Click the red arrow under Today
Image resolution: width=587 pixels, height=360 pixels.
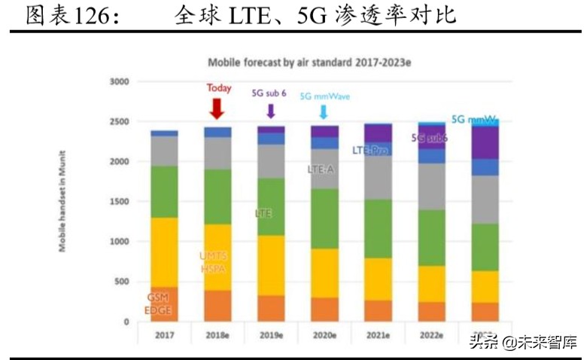217,108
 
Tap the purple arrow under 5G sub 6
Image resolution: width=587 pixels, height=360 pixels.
271,111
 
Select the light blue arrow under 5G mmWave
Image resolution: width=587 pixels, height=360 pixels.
324,111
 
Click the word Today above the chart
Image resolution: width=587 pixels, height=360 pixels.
219,88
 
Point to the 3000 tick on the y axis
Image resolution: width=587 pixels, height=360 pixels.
120,81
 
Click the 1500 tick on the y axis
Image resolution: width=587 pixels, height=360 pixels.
120,202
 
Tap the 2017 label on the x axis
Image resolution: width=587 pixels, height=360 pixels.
164,335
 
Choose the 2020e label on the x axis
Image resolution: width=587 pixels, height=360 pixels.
324,335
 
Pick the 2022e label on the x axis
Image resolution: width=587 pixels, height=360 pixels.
431,335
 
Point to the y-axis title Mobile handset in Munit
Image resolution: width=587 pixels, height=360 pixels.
65,201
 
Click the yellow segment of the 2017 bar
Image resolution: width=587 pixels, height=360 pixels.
164,252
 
